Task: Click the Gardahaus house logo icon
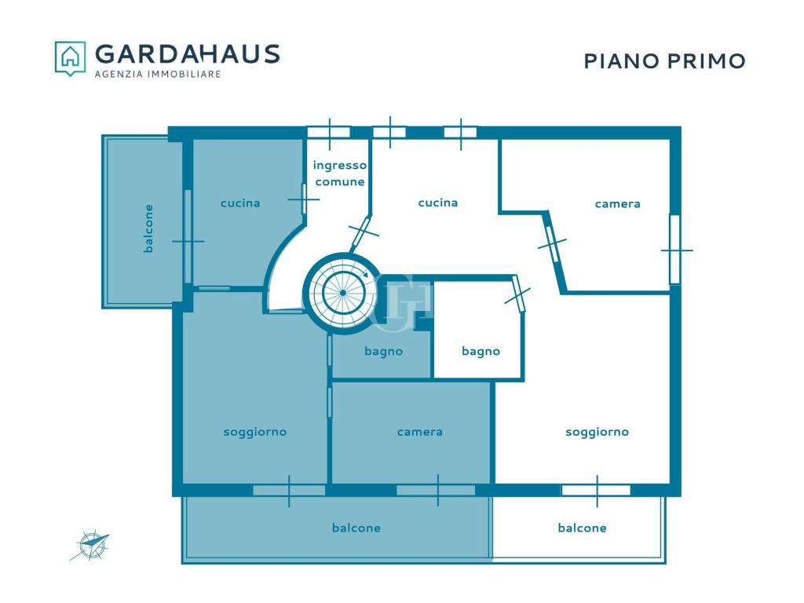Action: tap(70, 58)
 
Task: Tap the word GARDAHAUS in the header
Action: tap(187, 54)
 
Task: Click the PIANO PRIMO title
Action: tap(664, 61)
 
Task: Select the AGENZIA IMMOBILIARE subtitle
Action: tap(158, 75)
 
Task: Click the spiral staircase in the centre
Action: tap(342, 293)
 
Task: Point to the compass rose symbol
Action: tap(90, 546)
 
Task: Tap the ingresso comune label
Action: tap(340, 174)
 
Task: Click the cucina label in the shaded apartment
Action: tap(240, 203)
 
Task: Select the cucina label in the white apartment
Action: tap(438, 203)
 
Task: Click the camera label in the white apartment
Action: tap(617, 204)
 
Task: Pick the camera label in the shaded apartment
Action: tap(419, 433)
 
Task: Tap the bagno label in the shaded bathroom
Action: tap(383, 352)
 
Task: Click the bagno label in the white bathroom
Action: tap(481, 352)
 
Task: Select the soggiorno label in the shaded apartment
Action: tap(255, 433)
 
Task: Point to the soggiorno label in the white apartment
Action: tap(597, 433)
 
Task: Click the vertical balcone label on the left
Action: tap(148, 228)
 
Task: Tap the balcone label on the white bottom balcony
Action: tap(582, 528)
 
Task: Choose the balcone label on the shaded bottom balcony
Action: tap(356, 528)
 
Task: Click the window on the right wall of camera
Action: tap(675, 250)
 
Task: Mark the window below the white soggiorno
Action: tap(597, 490)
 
